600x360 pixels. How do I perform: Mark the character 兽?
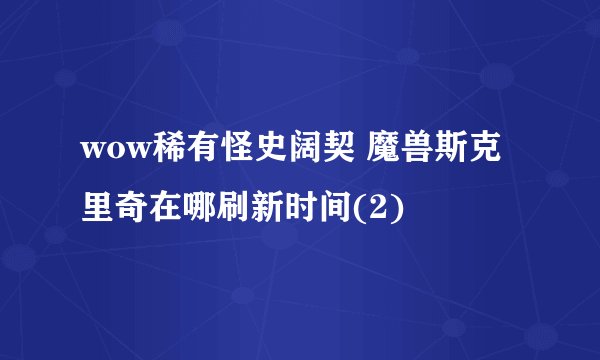[421, 154]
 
